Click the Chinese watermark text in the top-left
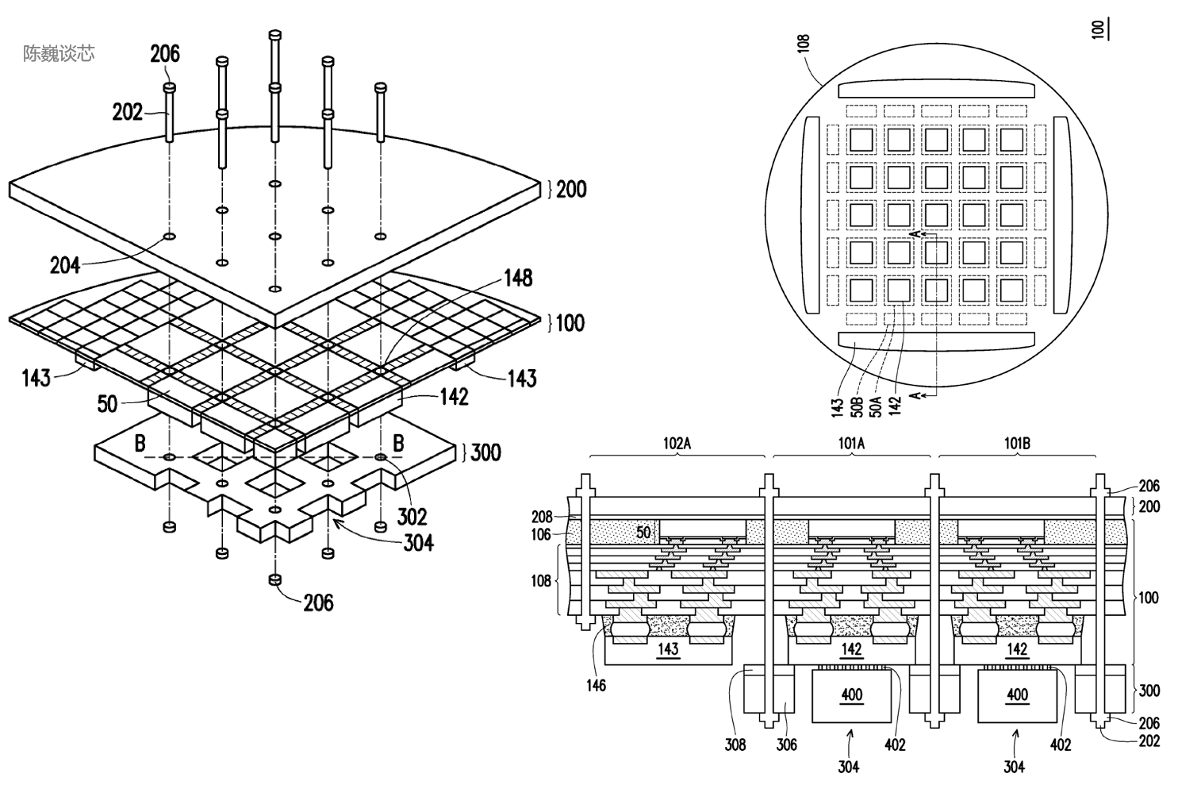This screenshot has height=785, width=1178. tap(59, 53)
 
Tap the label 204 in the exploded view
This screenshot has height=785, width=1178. tap(65, 265)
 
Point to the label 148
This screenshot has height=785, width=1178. tap(518, 278)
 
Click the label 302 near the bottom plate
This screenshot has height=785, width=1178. tap(412, 517)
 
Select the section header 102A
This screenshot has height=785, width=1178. tap(677, 444)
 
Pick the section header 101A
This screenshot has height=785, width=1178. tap(851, 444)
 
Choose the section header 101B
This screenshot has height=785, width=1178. tap(1017, 444)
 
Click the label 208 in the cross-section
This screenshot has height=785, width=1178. tap(542, 517)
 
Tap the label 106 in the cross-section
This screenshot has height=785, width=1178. tap(541, 534)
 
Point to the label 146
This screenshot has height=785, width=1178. tap(596, 685)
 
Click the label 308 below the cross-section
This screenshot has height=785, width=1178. tap(735, 745)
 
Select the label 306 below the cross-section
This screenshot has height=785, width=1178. tap(786, 745)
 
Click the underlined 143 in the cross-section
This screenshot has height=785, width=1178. tap(668, 648)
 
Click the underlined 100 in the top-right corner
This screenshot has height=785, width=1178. tap(1099, 29)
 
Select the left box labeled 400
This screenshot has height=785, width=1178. tap(851, 695)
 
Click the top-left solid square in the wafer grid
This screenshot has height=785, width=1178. tap(861, 140)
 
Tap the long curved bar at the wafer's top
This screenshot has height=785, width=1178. tap(936, 90)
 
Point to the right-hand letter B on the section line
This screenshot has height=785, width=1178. tap(399, 443)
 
